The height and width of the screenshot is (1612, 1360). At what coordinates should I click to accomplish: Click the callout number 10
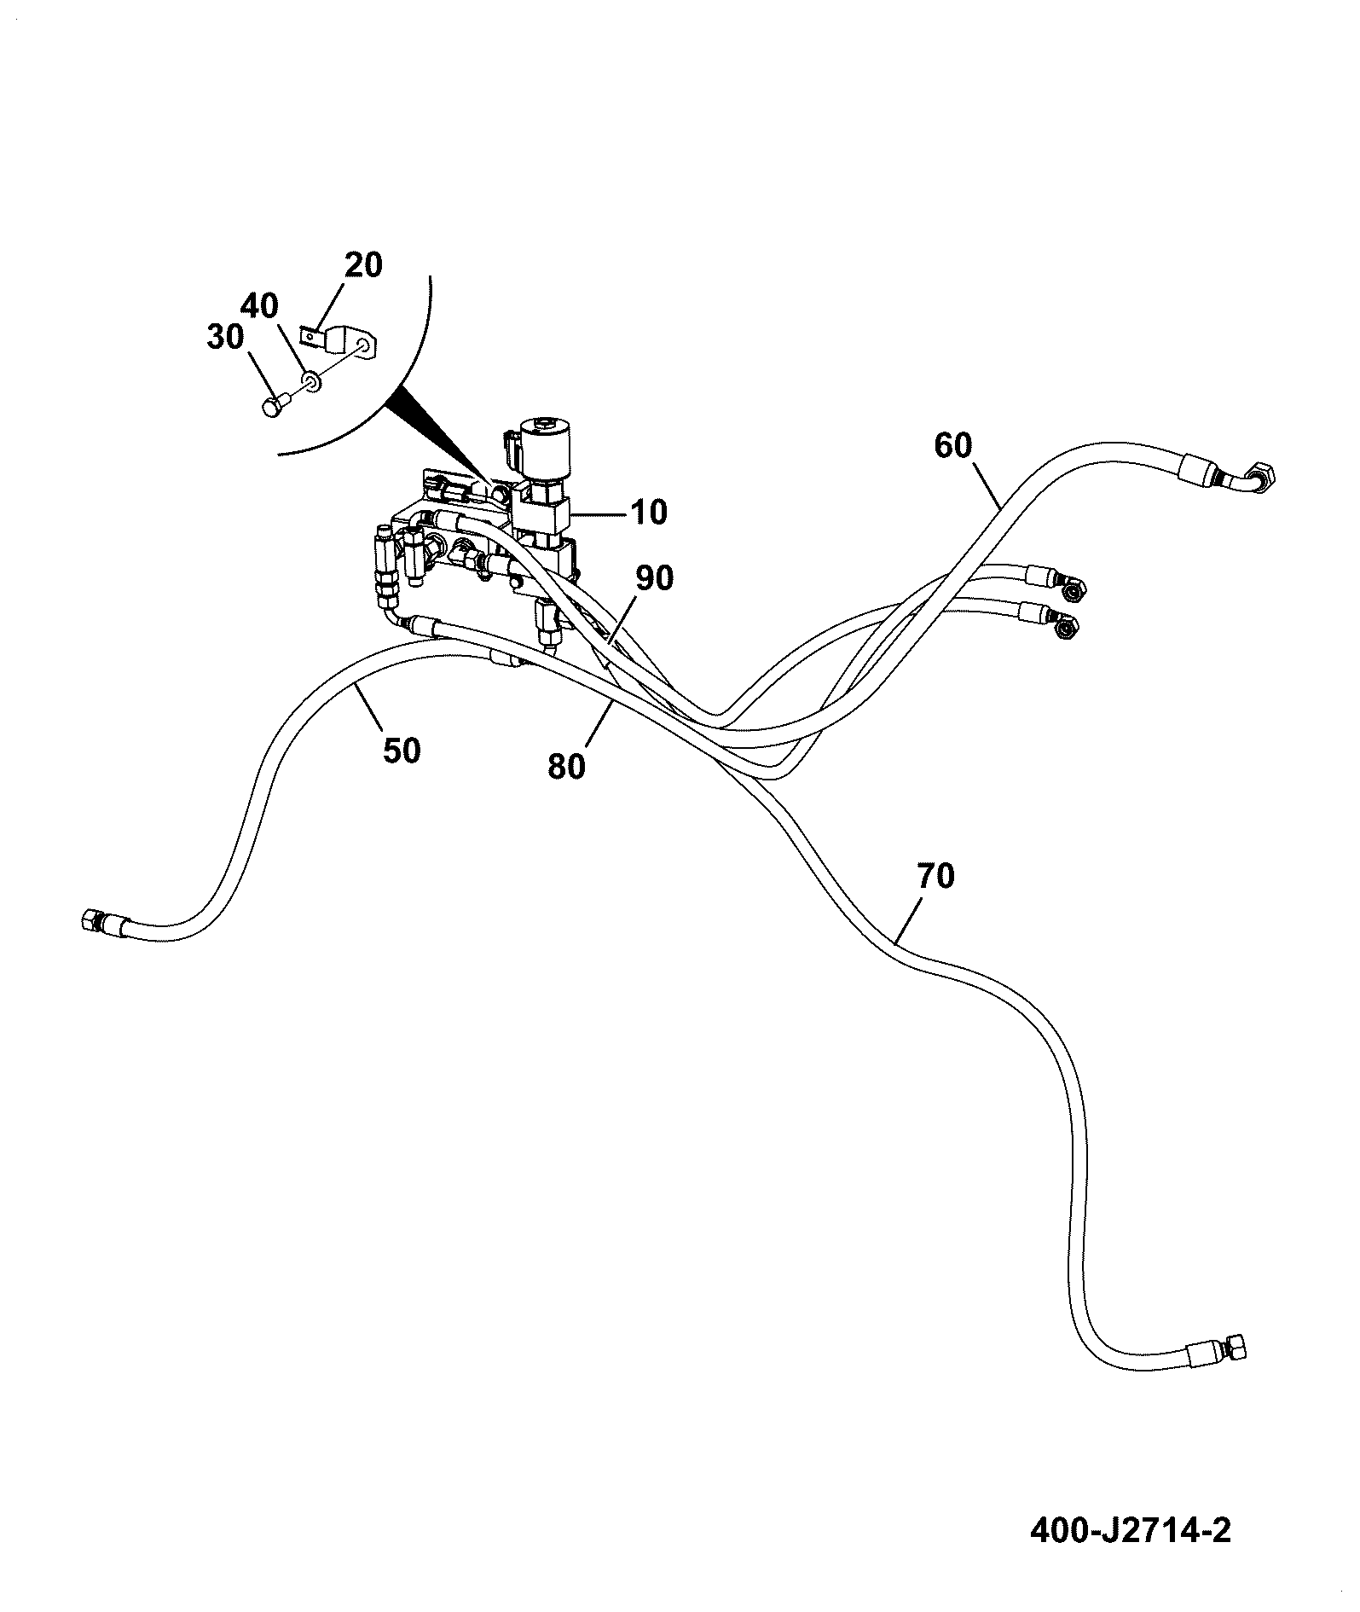[x=648, y=513]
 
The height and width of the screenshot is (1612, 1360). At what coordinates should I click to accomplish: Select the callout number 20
[x=364, y=265]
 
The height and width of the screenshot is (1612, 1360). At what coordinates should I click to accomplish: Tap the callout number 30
[x=225, y=338]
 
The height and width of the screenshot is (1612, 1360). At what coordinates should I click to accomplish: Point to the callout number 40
[x=258, y=304]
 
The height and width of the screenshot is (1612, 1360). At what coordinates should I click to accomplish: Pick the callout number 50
[x=402, y=751]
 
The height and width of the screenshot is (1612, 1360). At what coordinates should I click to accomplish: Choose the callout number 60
[x=953, y=445]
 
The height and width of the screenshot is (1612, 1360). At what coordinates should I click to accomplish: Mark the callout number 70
[x=935, y=876]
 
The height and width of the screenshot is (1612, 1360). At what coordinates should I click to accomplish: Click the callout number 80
[x=567, y=767]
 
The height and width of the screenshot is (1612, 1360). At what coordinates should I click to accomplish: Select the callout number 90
[x=653, y=579]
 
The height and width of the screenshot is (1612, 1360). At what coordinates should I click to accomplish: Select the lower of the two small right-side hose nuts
[x=1066, y=629]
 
